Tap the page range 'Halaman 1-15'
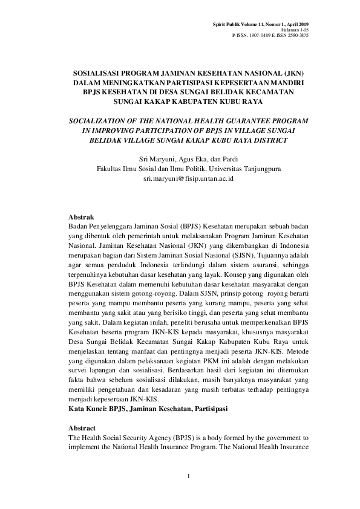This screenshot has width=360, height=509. [x=295, y=30]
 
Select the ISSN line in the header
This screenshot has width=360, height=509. [x=270, y=35]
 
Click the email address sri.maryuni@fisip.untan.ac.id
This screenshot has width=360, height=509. [x=180, y=180]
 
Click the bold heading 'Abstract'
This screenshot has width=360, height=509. [x=83, y=428]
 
